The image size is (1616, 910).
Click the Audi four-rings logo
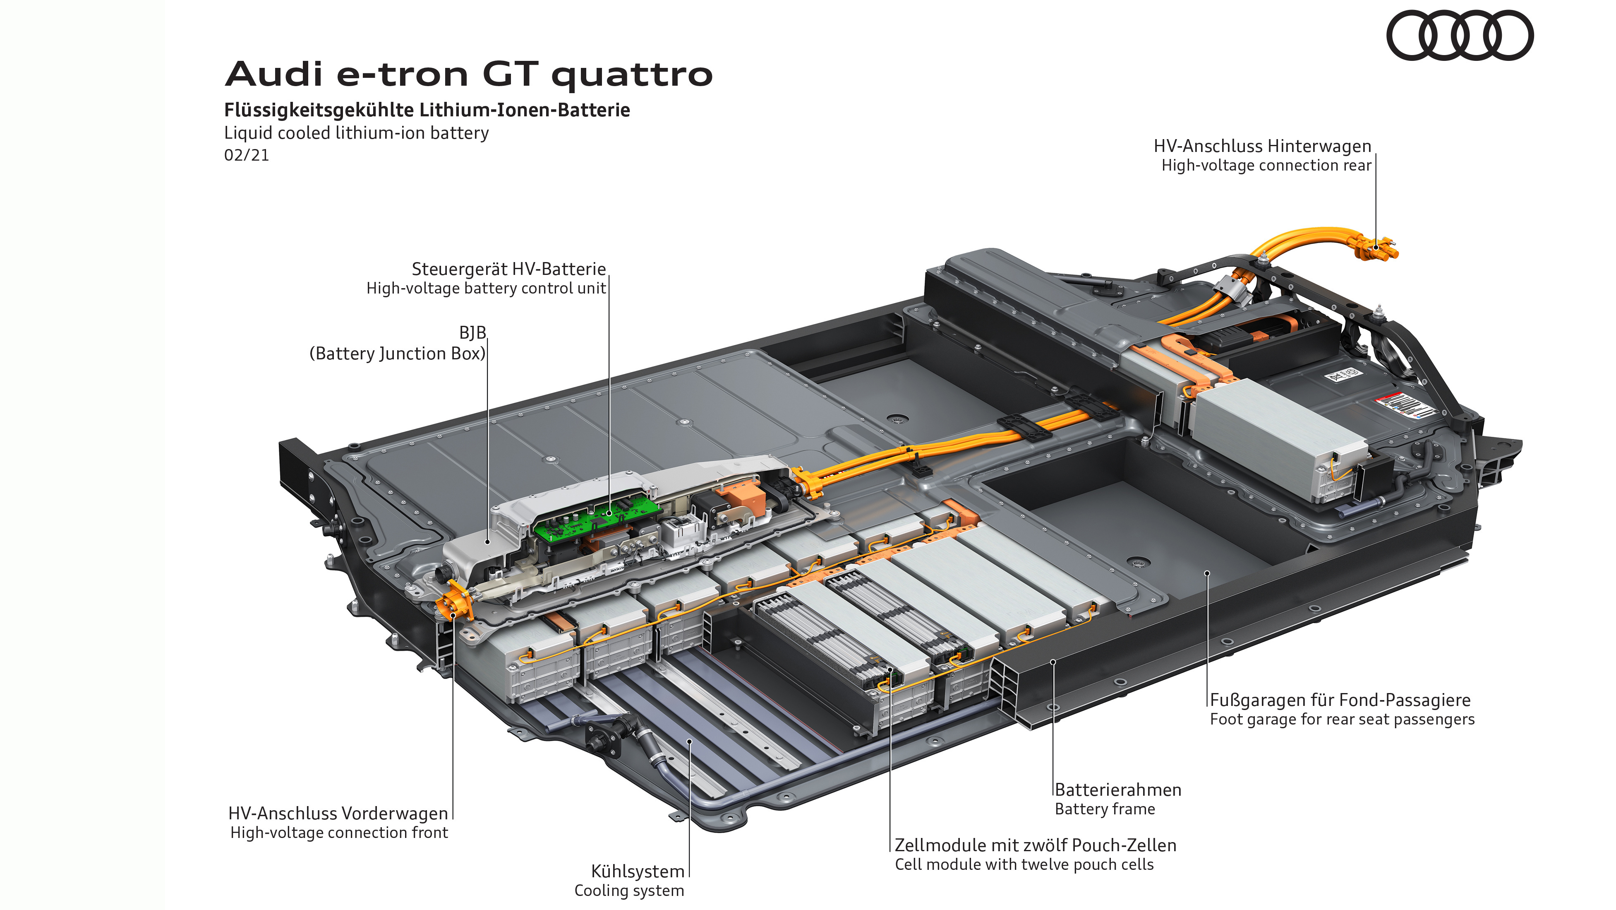point(1459,35)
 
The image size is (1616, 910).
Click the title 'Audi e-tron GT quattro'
point(469,75)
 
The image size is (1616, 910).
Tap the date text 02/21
point(247,155)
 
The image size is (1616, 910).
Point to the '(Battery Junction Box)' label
point(397,354)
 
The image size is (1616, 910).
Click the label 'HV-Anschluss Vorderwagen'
point(338,814)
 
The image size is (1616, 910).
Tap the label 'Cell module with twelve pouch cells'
point(1024,865)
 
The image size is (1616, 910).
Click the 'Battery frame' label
point(1104,809)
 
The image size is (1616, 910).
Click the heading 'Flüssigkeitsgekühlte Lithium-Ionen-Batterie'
point(427,111)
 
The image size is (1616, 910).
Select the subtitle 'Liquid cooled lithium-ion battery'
point(356,133)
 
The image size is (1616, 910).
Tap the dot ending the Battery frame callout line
point(1053,662)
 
